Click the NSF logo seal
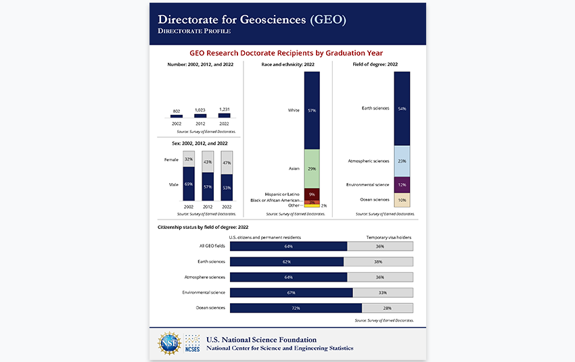pyautogui.click(x=169, y=343)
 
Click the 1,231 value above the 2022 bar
pyautogui.click(x=225, y=109)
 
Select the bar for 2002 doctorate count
pyautogui.click(x=177, y=116)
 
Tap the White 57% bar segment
pyautogui.click(x=312, y=110)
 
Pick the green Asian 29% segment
pyautogui.click(x=312, y=168)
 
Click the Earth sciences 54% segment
pyautogui.click(x=402, y=108)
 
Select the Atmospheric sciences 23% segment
pyautogui.click(x=402, y=161)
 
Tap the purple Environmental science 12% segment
pyautogui.click(x=402, y=184)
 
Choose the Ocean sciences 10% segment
pyautogui.click(x=402, y=200)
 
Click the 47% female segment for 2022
pyautogui.click(x=227, y=162)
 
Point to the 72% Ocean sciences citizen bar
pyautogui.click(x=296, y=308)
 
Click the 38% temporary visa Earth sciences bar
pyautogui.click(x=378, y=261)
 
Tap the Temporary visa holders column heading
pyautogui.click(x=390, y=237)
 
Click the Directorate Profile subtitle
pyautogui.click(x=194, y=31)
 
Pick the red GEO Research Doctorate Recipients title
pyautogui.click(x=287, y=52)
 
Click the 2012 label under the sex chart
pyautogui.click(x=208, y=205)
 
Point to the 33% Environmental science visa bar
pyautogui.click(x=382, y=292)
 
